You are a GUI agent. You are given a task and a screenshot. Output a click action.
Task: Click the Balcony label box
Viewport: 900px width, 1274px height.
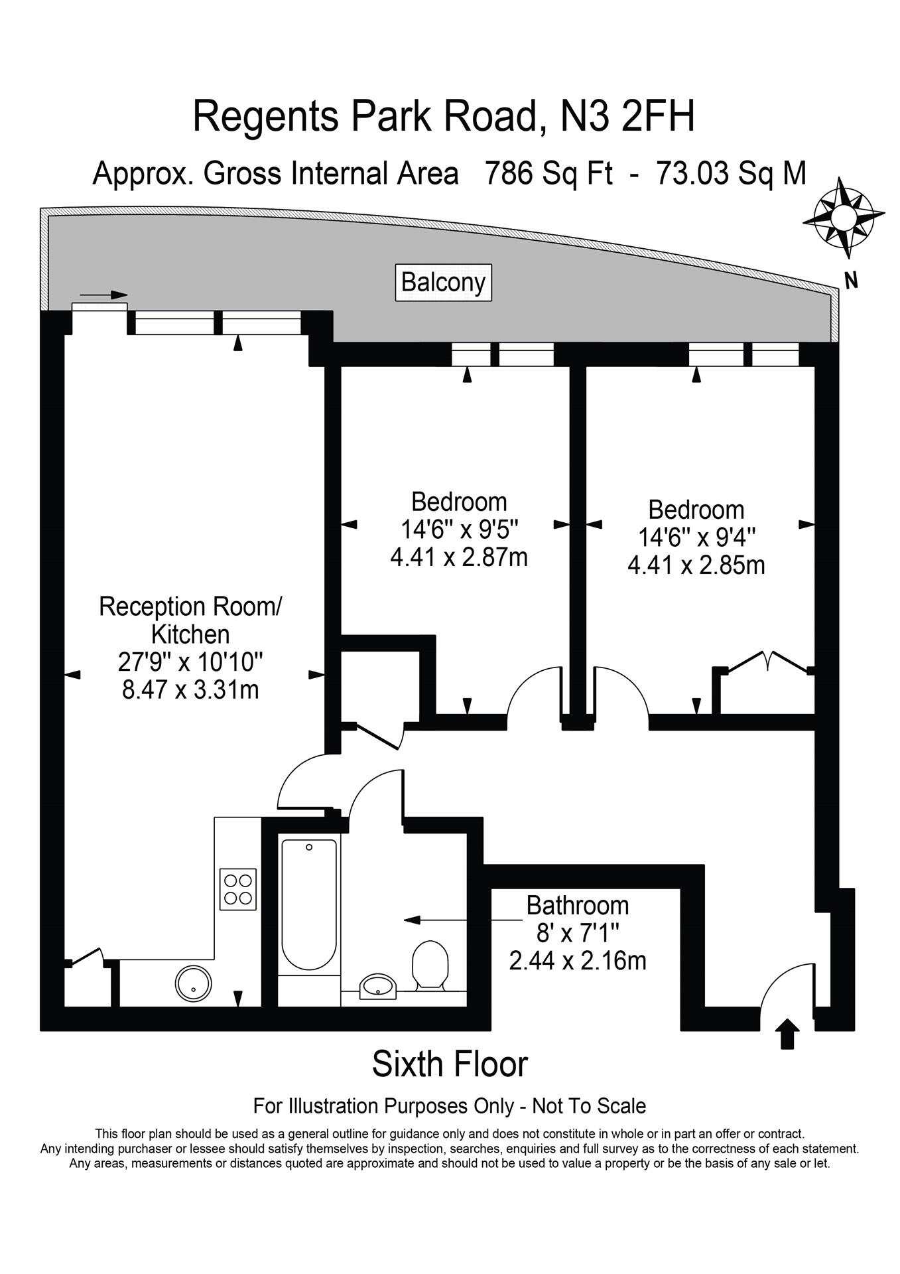pyautogui.click(x=444, y=283)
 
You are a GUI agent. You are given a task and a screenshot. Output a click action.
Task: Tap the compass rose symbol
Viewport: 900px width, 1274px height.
pyautogui.click(x=844, y=216)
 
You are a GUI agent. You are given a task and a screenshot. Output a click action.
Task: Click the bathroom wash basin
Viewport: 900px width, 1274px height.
pyautogui.click(x=378, y=987)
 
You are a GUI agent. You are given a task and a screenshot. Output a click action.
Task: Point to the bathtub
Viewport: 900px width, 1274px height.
pyautogui.click(x=309, y=904)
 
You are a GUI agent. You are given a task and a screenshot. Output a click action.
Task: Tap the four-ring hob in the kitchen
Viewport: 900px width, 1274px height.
pyautogui.click(x=238, y=889)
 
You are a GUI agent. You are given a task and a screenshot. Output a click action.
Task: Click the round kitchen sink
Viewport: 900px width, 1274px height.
pyautogui.click(x=193, y=983)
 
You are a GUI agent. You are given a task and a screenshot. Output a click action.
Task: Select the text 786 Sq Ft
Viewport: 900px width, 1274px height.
pyautogui.click(x=548, y=173)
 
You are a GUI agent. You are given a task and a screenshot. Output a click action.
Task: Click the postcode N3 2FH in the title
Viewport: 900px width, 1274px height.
pyautogui.click(x=627, y=116)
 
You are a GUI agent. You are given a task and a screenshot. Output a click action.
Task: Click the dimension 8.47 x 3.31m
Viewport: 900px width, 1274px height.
pyautogui.click(x=190, y=690)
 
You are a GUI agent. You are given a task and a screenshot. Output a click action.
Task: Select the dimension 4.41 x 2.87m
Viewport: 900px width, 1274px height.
pyautogui.click(x=459, y=557)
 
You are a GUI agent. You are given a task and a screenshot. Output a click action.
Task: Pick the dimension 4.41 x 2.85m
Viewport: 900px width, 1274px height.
pyautogui.click(x=696, y=565)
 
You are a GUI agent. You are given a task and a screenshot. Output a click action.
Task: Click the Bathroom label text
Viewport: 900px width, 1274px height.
pyautogui.click(x=578, y=905)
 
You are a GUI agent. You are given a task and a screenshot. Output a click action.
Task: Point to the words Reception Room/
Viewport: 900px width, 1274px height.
pyautogui.click(x=191, y=606)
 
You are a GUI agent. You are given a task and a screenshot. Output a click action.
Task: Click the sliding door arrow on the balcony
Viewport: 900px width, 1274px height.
pyautogui.click(x=103, y=295)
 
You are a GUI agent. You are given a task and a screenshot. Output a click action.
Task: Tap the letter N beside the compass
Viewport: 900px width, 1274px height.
pyautogui.click(x=852, y=281)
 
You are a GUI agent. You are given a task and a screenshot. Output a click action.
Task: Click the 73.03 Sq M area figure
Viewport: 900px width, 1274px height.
pyautogui.click(x=731, y=173)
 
